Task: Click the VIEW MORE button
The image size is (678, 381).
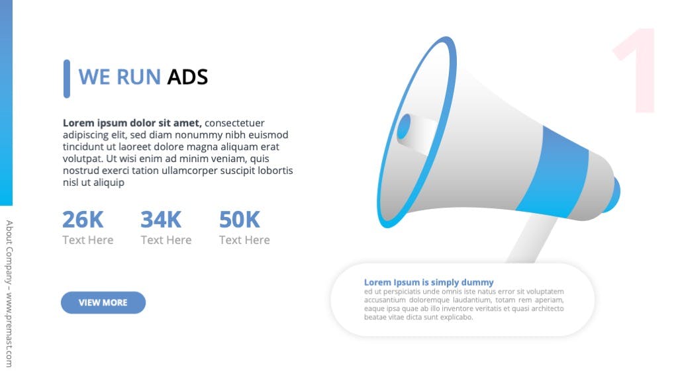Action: [103, 302]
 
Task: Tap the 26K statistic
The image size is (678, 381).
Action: [83, 220]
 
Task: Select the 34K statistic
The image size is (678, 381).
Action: [161, 220]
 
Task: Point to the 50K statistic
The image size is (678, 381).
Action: [240, 220]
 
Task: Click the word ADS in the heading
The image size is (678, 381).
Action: [187, 77]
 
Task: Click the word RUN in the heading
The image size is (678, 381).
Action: [139, 77]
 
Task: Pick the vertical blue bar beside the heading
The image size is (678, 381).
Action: [67, 79]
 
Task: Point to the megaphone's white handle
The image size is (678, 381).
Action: [532, 238]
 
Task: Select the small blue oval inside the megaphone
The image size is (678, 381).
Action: [405, 126]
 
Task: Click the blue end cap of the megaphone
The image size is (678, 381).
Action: [613, 194]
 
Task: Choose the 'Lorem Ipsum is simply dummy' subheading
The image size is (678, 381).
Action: [428, 282]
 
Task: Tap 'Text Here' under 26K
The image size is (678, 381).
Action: [88, 240]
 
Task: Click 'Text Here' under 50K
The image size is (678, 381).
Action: [244, 240]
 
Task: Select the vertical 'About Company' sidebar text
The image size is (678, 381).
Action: [9, 294]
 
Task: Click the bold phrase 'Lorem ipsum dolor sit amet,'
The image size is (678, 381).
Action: [132, 123]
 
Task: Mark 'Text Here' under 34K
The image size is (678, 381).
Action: [166, 240]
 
